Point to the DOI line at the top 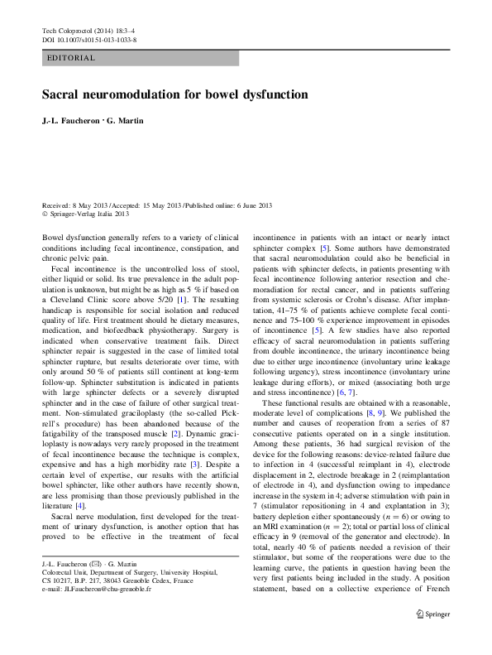[89, 40]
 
